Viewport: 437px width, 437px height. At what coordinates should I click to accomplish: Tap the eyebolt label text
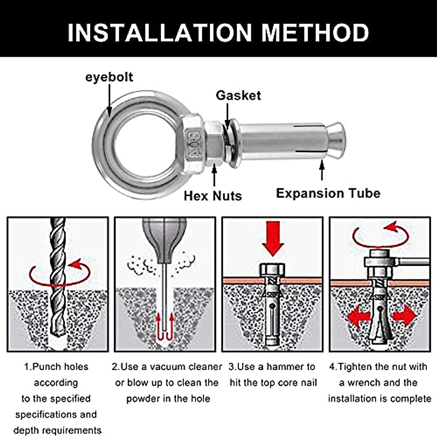(109, 77)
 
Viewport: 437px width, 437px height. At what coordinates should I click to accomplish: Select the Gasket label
(238, 95)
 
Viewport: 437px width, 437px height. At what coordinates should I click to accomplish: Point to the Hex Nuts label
(213, 196)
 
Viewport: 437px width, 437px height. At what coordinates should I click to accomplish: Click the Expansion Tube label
(328, 193)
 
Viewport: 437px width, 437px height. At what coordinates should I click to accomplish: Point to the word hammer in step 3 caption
(282, 367)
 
